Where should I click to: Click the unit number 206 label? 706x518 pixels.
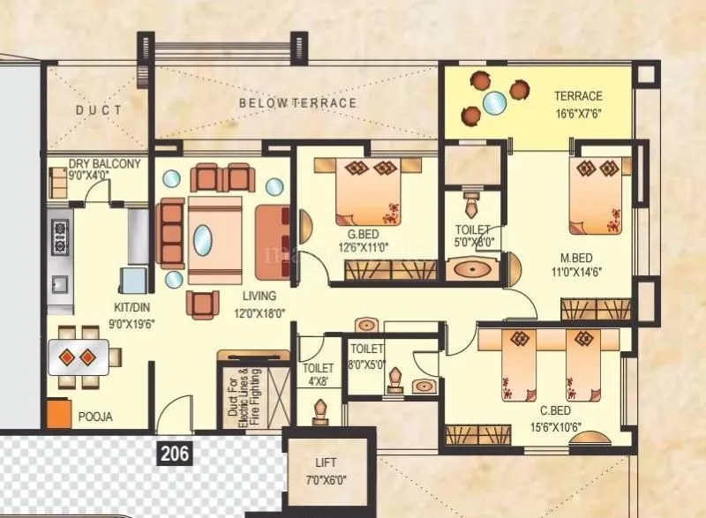(x=174, y=454)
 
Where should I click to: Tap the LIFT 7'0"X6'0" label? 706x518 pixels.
(x=326, y=469)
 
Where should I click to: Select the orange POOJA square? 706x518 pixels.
(x=59, y=415)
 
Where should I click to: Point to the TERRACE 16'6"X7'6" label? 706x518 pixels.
(x=578, y=104)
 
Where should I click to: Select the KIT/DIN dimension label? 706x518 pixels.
(x=120, y=316)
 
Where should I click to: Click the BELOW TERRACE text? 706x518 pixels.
(x=297, y=103)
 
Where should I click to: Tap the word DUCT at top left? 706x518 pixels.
(x=99, y=110)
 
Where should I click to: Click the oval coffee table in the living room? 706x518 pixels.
(x=203, y=239)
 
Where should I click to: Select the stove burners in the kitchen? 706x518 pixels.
(x=60, y=237)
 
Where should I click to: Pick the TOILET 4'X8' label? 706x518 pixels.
(x=318, y=374)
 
